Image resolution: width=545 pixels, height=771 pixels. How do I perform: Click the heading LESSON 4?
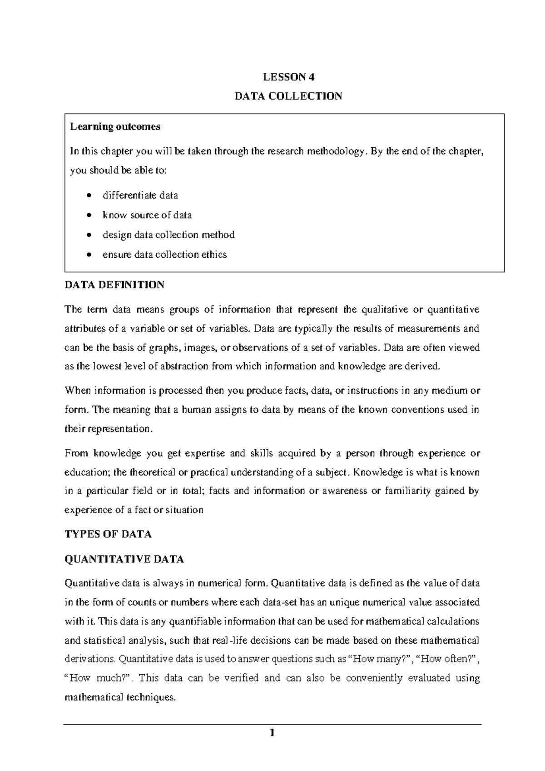(288, 77)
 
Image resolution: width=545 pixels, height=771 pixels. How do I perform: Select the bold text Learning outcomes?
(115, 127)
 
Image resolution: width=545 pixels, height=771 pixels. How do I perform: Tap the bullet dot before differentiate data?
(89, 196)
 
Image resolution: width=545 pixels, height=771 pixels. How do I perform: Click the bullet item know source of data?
(147, 215)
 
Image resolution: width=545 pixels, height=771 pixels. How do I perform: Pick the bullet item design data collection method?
(168, 235)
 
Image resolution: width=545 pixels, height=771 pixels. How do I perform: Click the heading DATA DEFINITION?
(114, 285)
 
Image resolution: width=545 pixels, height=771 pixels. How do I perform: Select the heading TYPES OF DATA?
(108, 534)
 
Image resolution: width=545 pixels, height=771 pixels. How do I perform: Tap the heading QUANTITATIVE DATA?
(124, 560)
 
